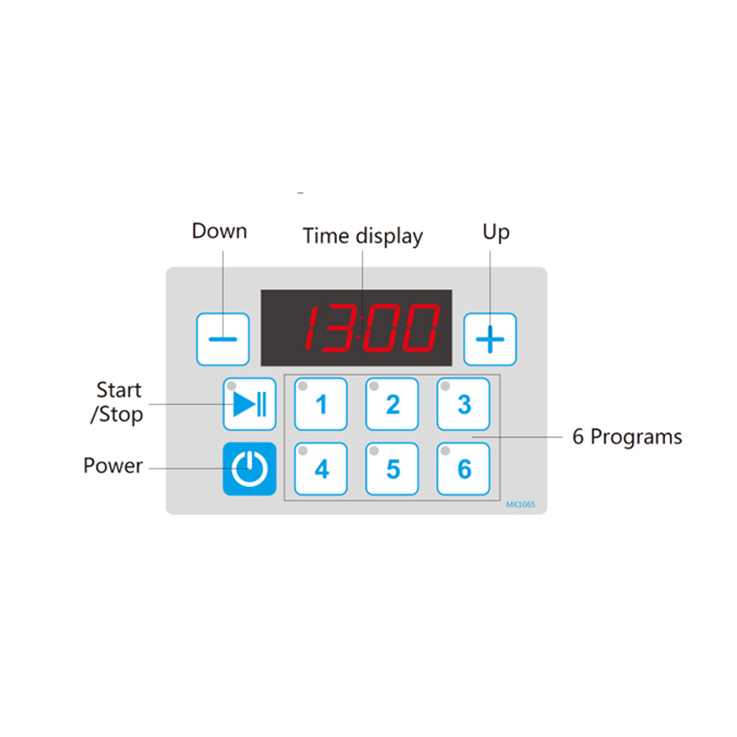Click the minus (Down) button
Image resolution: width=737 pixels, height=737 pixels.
tap(223, 339)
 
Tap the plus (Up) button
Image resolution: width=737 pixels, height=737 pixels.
tap(490, 339)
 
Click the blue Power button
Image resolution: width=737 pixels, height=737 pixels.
tap(249, 469)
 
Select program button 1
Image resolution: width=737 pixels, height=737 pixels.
tap(321, 404)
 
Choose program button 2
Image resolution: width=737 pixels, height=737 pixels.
tap(392, 404)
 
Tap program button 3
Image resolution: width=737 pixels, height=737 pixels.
tap(464, 404)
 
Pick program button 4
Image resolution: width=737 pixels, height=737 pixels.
tap(321, 469)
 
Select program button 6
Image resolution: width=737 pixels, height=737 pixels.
tap(464, 469)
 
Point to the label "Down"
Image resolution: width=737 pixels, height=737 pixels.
tap(219, 231)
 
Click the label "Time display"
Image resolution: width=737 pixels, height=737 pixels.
tap(362, 236)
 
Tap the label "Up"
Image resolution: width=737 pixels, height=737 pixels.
tap(496, 232)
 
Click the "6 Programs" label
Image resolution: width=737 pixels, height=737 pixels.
tap(627, 437)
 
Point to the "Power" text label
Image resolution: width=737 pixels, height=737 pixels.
tap(113, 466)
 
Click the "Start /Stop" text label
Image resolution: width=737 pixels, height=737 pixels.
tap(118, 402)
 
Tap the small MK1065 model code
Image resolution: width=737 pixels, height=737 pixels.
tap(521, 505)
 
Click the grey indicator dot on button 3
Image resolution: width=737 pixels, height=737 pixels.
tap(445, 387)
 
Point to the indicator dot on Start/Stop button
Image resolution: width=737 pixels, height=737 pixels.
tap(232, 387)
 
